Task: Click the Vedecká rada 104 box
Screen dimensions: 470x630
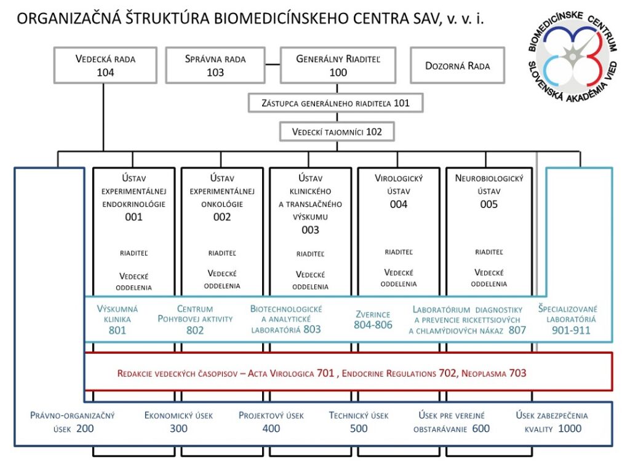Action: pos(105,65)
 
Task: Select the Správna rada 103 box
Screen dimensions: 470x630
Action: pos(215,65)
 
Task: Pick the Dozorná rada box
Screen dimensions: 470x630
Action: pos(458,65)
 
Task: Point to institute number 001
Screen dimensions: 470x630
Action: pos(134,217)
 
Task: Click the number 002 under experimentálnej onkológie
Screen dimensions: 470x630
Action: pos(222,217)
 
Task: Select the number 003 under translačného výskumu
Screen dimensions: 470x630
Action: pos(310,230)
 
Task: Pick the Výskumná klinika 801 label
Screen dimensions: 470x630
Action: pos(118,319)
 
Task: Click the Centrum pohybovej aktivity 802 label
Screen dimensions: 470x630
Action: pos(194,319)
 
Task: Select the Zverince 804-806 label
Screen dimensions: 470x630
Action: pos(373,319)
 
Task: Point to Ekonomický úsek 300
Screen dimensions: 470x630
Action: pos(178,422)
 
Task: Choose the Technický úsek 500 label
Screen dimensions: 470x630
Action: pos(359,422)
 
